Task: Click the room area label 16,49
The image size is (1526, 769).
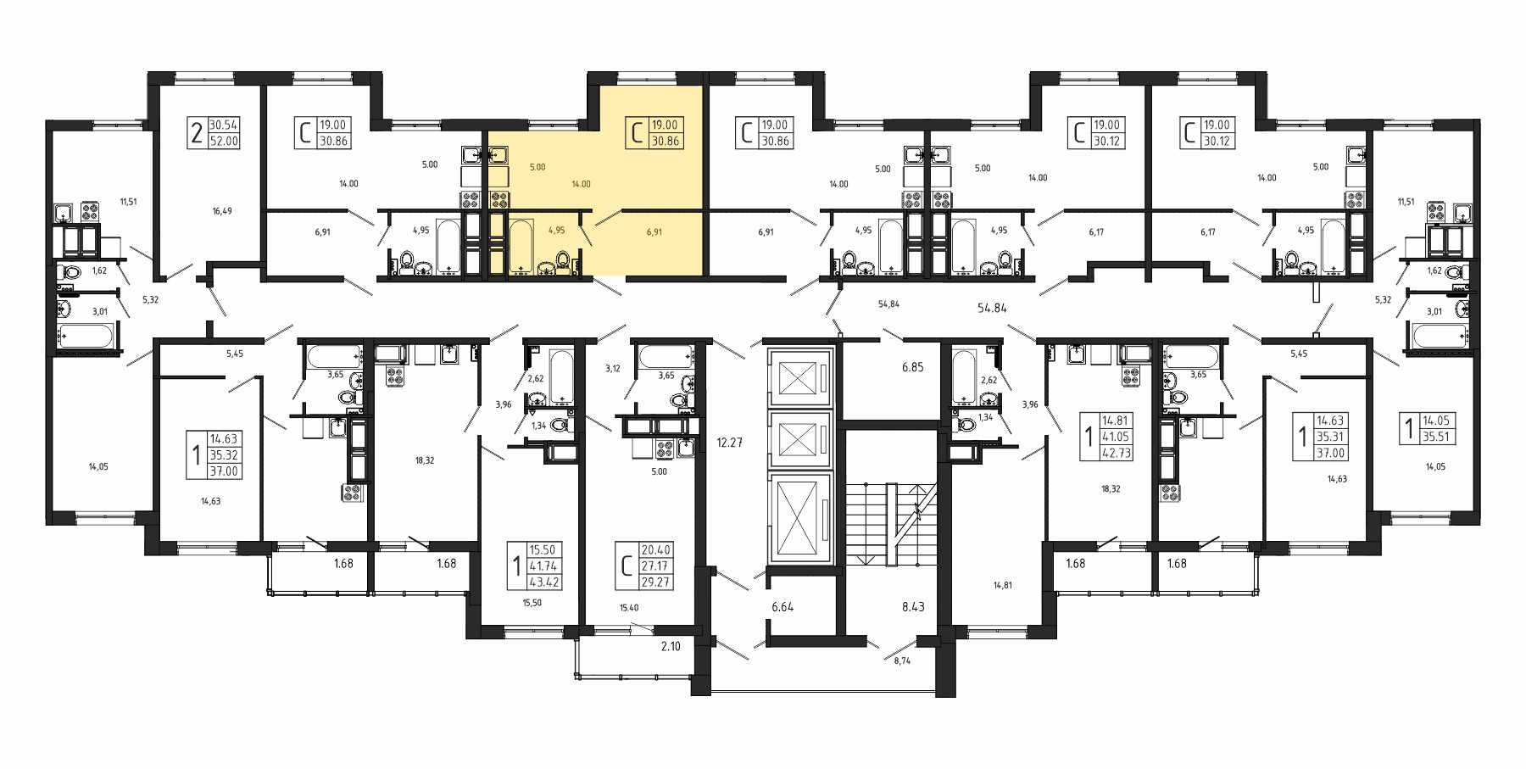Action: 222,211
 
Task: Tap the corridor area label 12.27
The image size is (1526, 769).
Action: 729,443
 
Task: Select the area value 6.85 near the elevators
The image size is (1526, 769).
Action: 912,367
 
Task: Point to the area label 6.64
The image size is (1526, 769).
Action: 782,607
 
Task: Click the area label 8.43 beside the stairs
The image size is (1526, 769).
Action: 913,607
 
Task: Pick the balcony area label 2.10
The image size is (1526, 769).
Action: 671,646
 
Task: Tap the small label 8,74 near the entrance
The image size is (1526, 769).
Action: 901,660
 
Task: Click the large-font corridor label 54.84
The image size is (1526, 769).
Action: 992,309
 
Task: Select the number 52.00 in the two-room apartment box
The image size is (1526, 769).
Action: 224,142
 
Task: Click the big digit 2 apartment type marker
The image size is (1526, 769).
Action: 197,133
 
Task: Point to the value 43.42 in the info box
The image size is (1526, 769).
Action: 544,582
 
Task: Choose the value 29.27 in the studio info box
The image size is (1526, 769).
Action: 655,582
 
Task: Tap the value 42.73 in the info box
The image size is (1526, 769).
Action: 1116,453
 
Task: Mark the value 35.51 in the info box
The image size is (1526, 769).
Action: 1437,437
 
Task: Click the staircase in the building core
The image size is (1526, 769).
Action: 890,524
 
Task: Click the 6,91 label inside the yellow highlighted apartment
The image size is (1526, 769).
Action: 654,231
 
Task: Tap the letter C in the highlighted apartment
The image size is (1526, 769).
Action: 636,133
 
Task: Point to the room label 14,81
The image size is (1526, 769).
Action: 1002,585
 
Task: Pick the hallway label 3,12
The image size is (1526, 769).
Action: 613,369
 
